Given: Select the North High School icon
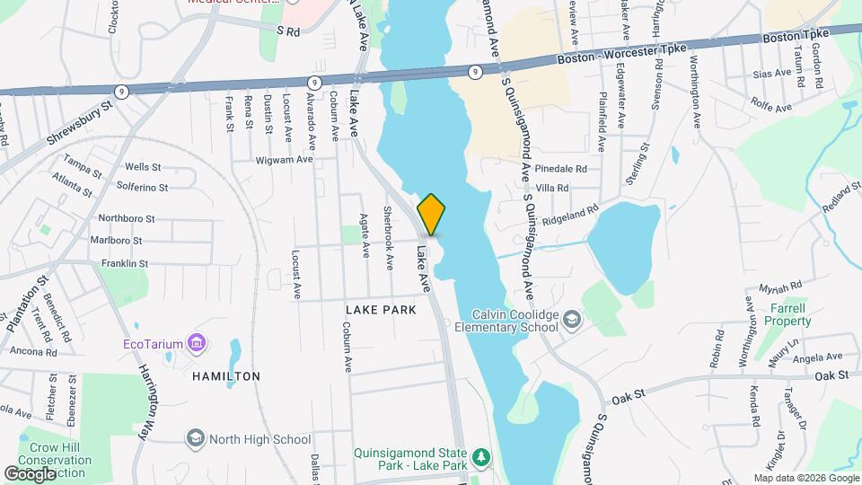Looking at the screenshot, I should [195, 438].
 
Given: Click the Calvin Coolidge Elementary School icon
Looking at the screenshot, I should [571, 319].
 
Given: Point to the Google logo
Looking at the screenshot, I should [30, 473].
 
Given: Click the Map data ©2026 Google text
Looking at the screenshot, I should [806, 477].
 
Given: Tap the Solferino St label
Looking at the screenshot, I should [143, 187].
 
